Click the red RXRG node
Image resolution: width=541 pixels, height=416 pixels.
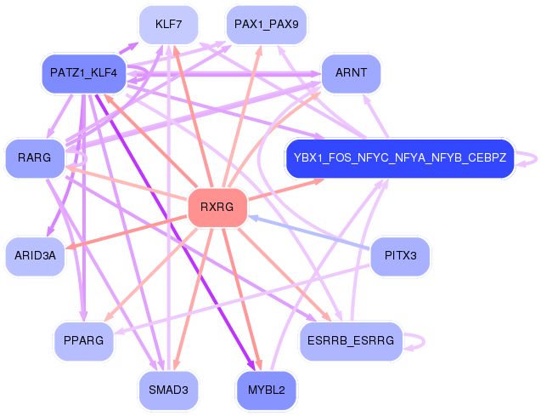[x=217, y=208]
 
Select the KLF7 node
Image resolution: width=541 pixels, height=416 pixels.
[x=169, y=25]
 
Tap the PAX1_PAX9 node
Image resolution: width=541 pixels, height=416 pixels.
[x=266, y=25]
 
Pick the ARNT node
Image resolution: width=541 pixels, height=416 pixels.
[x=351, y=73]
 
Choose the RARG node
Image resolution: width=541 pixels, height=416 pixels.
[x=35, y=158]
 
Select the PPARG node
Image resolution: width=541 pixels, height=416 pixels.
[x=83, y=341]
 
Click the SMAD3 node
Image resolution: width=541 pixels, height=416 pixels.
[x=168, y=390]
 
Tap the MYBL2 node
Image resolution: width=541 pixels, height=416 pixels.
[x=266, y=390]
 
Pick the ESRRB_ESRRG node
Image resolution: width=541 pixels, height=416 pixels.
[x=348, y=341]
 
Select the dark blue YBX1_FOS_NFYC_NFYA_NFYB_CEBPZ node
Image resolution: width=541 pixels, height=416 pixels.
[x=400, y=158]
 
